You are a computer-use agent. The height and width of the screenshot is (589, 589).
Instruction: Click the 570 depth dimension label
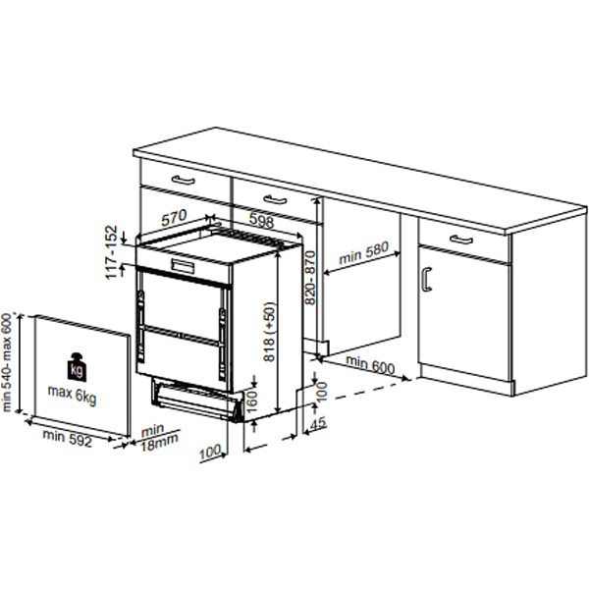[174, 218]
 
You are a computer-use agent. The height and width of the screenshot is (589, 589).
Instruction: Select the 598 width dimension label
[261, 221]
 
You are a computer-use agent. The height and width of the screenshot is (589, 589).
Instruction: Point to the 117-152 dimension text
[112, 252]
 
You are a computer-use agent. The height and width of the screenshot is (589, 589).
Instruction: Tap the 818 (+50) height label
[269, 332]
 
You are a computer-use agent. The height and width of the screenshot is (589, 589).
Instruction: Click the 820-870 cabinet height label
[310, 278]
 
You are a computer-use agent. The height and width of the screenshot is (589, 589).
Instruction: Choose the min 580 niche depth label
[363, 253]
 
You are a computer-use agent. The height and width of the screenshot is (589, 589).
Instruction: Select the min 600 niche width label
[370, 364]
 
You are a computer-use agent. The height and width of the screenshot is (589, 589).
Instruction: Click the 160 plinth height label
[252, 401]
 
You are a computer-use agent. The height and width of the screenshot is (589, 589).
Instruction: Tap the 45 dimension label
[318, 423]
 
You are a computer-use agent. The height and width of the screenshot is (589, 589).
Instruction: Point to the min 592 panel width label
[68, 438]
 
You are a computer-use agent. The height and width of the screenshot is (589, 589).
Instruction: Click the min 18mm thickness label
[158, 436]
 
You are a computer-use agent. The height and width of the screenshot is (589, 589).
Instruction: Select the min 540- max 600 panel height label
[8, 362]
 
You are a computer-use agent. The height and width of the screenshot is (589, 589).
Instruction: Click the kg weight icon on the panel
[77, 366]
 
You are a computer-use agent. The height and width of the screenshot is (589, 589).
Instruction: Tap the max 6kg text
[72, 395]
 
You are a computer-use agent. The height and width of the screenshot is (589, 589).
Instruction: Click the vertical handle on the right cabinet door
[426, 279]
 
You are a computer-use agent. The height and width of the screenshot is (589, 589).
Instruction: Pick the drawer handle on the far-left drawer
[184, 180]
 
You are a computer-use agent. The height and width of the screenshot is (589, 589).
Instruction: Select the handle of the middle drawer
[275, 199]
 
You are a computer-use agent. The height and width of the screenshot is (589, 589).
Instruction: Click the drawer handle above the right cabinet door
[461, 239]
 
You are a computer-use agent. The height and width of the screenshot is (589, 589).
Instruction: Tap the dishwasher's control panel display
[184, 266]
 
